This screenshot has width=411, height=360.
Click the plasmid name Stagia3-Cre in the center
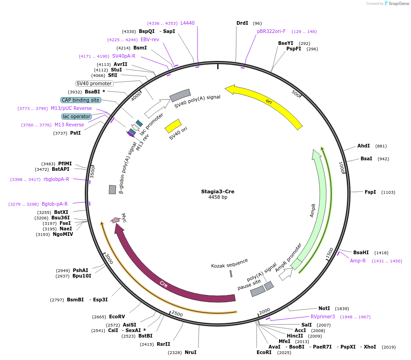pyautogui.click(x=218, y=191)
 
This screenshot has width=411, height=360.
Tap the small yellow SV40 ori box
pyautogui.click(x=173, y=125)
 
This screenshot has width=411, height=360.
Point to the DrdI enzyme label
pyautogui.click(x=242, y=23)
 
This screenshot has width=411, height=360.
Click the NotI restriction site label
pyautogui.click(x=324, y=308)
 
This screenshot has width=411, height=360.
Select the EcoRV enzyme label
pyautogui.click(x=117, y=316)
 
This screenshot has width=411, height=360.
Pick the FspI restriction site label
pyautogui.click(x=370, y=192)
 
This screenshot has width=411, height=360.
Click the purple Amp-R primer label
pyautogui.click(x=358, y=261)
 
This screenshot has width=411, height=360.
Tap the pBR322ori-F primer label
pyautogui.click(x=271, y=31)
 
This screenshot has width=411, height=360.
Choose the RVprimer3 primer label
pyautogui.click(x=323, y=316)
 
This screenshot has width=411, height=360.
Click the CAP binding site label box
pyautogui.click(x=80, y=100)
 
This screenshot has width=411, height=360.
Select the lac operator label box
pyautogui.click(x=77, y=116)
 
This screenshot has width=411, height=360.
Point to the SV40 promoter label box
pyautogui.click(x=94, y=83)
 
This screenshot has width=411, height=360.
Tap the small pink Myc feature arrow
pyautogui.click(x=115, y=220)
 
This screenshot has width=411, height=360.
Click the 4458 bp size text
pyautogui.click(x=218, y=197)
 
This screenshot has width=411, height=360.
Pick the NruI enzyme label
pyautogui.click(x=191, y=352)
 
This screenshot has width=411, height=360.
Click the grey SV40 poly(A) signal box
pyautogui.click(x=180, y=95)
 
